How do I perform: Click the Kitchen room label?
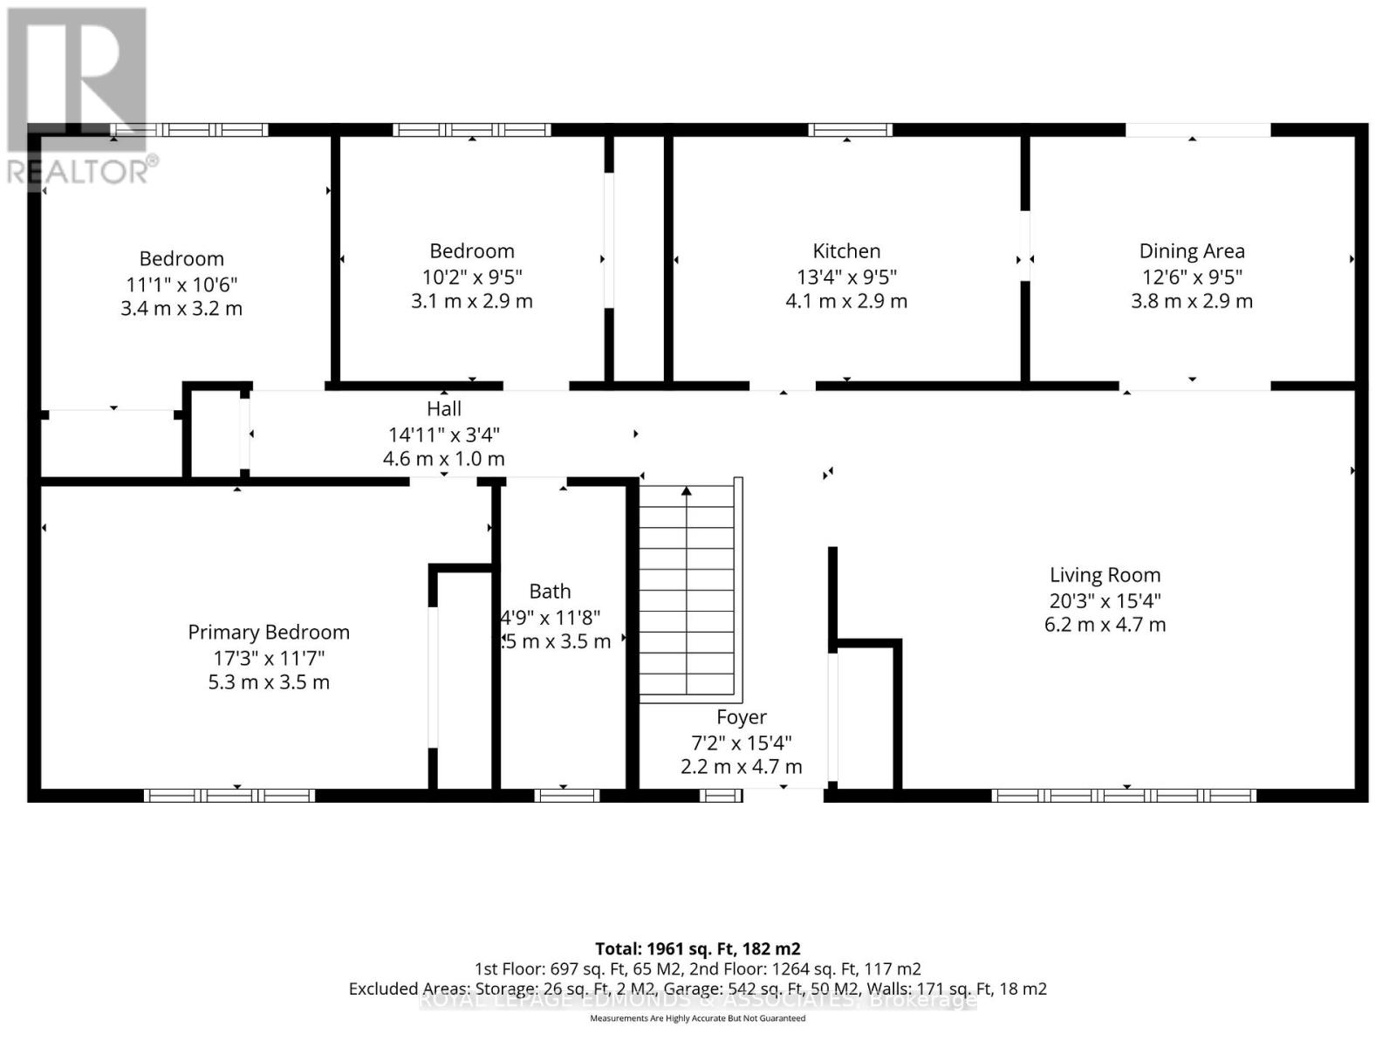pyautogui.click(x=846, y=251)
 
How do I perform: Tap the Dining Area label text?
pyautogui.click(x=1192, y=251)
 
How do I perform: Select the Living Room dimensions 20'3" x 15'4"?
pyautogui.click(x=1105, y=600)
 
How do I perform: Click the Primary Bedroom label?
pyautogui.click(x=269, y=633)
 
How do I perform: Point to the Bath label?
pyautogui.click(x=550, y=592)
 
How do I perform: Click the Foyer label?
pyautogui.click(x=742, y=717)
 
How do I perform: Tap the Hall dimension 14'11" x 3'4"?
pyautogui.click(x=443, y=435)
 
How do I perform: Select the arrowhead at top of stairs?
pyautogui.click(x=687, y=492)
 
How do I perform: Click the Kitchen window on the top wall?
pyautogui.click(x=850, y=130)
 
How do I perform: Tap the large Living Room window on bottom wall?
pyautogui.click(x=1124, y=795)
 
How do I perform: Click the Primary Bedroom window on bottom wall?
pyautogui.click(x=229, y=795)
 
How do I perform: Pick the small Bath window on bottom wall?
pyautogui.click(x=566, y=795)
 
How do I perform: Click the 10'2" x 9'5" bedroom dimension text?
pyautogui.click(x=471, y=277)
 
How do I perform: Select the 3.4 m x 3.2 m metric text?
pyautogui.click(x=181, y=309)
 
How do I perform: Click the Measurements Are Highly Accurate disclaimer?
pyautogui.click(x=697, y=1018)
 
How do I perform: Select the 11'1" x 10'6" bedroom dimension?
pyautogui.click(x=181, y=284)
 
